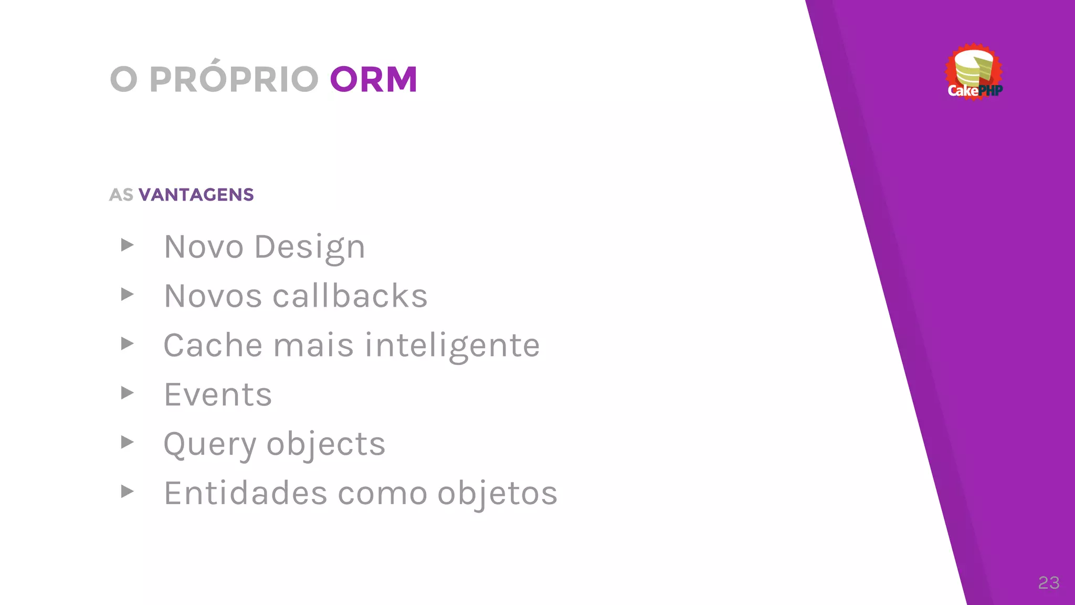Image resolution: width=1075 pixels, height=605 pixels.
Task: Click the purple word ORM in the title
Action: pos(373,80)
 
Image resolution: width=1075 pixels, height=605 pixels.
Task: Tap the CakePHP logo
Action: pos(974,72)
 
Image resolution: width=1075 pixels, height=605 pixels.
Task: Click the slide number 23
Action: pos(1048,582)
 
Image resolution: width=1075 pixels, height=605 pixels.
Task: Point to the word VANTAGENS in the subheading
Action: pos(196,195)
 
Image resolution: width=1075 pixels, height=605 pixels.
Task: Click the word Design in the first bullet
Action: pos(310,247)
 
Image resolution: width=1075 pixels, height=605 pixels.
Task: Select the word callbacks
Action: pos(350,296)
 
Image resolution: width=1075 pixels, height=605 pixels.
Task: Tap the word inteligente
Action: pos(452,346)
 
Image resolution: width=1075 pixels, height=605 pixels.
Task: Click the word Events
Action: pos(218,394)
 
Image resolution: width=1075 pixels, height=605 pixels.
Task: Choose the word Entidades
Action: pos(246,493)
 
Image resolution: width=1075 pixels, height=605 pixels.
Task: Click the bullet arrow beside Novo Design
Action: pos(127,245)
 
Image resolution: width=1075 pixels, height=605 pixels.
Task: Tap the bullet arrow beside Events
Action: pos(127,393)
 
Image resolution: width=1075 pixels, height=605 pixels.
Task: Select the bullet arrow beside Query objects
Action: pos(127,442)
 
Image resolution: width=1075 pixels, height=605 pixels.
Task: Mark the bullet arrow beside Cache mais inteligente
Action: pos(127,343)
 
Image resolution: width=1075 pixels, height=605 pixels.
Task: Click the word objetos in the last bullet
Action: pos(497,494)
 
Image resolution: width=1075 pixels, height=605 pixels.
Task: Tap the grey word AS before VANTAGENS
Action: pos(121,195)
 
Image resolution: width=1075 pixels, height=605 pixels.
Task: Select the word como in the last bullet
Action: pos(383,494)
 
